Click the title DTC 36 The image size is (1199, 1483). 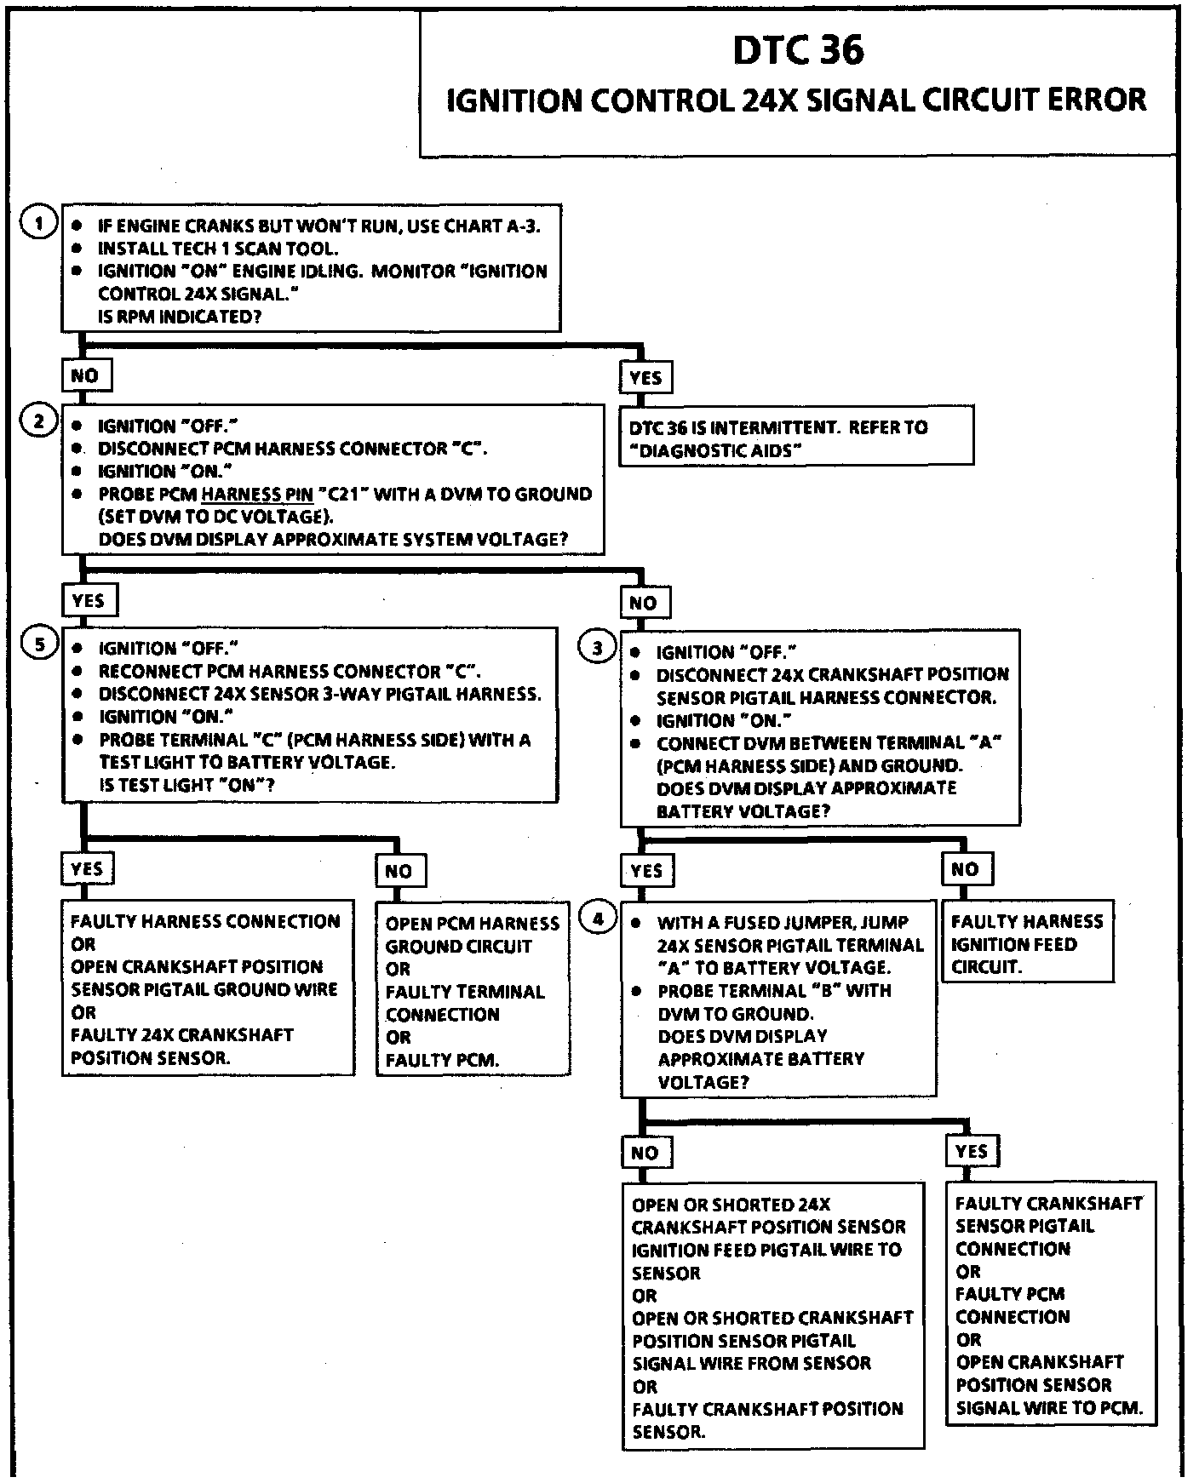pos(798,50)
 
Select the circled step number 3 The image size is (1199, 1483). pos(598,649)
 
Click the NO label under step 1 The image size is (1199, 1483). pos(85,375)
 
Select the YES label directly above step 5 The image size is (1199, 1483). pos(89,601)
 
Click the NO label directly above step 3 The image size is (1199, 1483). pos(644,603)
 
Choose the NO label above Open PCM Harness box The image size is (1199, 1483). pos(399,871)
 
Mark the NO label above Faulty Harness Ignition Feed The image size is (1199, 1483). pos(965,869)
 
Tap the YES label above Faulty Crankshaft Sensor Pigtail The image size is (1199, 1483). pos(972,1152)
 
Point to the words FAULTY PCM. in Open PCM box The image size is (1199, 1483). pos(442,1060)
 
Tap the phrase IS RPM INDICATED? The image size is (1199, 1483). pos(180,316)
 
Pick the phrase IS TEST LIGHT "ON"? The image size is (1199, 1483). pos(187,785)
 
